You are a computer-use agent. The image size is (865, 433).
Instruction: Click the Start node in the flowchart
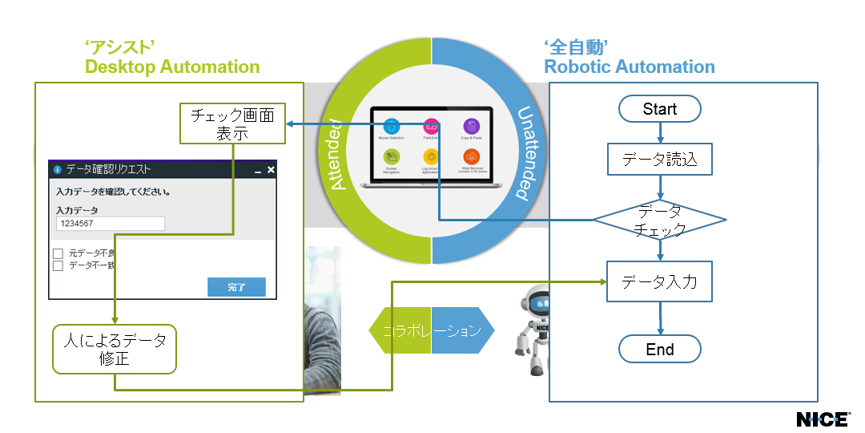[x=659, y=109]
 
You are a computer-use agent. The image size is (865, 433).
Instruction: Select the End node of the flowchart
[x=659, y=350]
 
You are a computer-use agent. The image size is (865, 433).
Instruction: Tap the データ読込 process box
[x=659, y=160]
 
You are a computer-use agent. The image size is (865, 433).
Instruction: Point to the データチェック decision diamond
[x=659, y=220]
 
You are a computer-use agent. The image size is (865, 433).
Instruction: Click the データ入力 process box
[x=659, y=282]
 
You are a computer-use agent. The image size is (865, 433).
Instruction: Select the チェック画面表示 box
[x=232, y=124]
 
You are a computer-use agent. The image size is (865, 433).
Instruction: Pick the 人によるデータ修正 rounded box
[x=115, y=349]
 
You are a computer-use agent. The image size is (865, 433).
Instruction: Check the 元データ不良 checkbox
[x=58, y=253]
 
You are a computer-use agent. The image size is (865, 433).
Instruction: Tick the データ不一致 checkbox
[x=58, y=265]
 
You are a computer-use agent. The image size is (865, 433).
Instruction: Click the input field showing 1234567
[x=111, y=224]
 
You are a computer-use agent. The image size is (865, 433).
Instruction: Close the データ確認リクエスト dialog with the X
[x=271, y=170]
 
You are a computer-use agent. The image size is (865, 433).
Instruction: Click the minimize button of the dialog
[x=257, y=171]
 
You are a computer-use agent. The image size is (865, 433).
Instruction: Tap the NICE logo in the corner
[x=823, y=419]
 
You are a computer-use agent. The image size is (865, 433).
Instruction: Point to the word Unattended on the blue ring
[x=525, y=153]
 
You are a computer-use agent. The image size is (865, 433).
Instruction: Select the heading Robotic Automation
[x=630, y=67]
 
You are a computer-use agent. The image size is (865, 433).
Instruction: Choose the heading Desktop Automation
[x=172, y=67]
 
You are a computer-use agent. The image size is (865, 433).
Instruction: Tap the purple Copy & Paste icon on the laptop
[x=471, y=127]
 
